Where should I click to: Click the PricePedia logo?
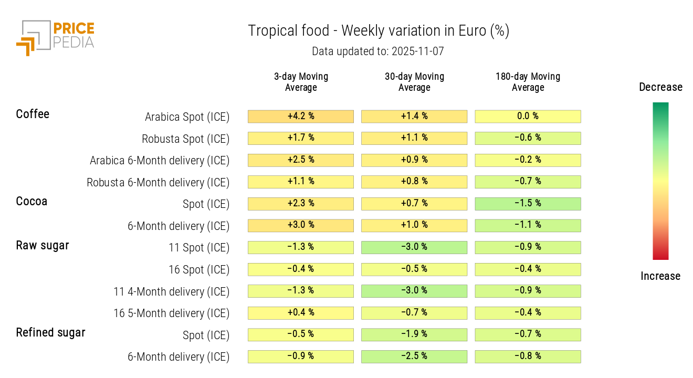click(55, 37)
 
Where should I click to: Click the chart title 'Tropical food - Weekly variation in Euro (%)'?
click(378, 31)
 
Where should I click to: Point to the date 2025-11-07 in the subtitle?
click(417, 51)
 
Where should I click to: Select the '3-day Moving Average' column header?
click(301, 82)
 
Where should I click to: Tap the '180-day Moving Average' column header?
click(528, 82)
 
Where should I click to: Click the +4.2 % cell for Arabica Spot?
click(301, 117)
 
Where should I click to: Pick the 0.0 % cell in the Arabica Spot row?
click(528, 117)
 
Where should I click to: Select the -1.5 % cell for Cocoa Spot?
click(528, 204)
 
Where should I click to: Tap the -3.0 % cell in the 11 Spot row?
click(414, 247)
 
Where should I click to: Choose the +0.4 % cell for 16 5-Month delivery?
click(301, 313)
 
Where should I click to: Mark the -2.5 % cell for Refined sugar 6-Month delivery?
click(414, 356)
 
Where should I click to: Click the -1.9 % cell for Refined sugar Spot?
click(414, 334)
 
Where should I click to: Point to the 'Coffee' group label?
click(33, 114)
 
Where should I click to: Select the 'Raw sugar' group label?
click(43, 245)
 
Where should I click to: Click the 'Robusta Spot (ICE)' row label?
click(185, 139)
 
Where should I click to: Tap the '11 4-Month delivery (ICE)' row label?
click(172, 291)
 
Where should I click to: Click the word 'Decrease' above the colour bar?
click(660, 87)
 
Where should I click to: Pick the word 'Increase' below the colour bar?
click(660, 276)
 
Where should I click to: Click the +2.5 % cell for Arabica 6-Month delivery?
click(301, 160)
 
